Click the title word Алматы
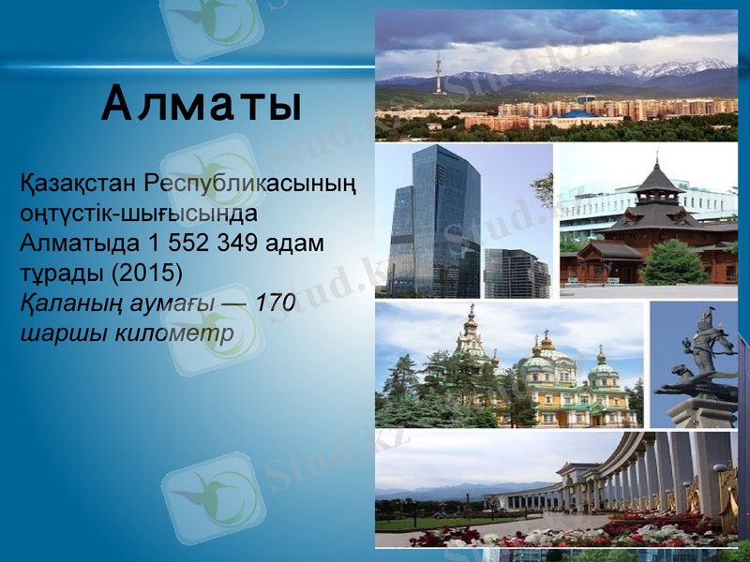(202, 103)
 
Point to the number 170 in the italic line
(276, 303)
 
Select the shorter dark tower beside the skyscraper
(516, 273)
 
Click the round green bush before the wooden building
(674, 264)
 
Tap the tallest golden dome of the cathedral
(471, 323)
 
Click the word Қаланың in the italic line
(64, 303)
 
